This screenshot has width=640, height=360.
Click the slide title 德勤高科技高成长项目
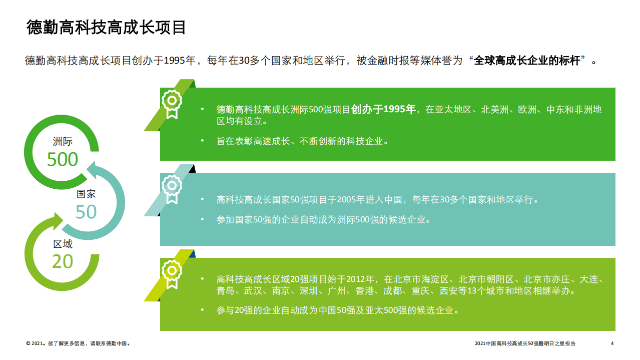point(106,28)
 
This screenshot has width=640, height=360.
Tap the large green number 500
point(63,159)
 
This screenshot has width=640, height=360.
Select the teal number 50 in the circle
point(86,212)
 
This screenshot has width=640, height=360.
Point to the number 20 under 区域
point(63,261)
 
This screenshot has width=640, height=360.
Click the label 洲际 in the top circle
point(63,142)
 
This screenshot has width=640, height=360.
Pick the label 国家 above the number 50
point(86,194)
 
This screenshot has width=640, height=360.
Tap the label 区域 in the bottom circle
point(63,244)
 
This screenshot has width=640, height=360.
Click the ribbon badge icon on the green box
point(172,103)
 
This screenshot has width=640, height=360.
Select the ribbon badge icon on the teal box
point(172,188)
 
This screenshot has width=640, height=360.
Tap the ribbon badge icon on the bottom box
point(172,273)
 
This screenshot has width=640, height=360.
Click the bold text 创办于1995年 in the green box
point(384,109)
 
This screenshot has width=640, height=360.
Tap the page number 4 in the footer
point(612,343)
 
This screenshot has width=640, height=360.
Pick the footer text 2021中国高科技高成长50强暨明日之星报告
point(525,343)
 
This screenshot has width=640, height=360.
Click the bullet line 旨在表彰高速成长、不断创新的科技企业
point(302,141)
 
